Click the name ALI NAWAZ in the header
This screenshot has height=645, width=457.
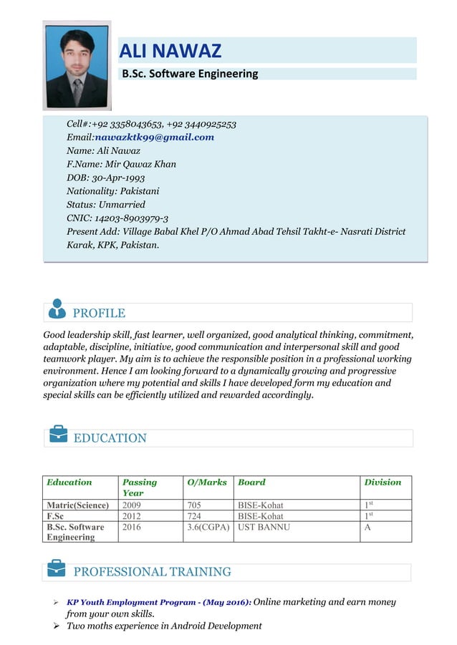pos(170,51)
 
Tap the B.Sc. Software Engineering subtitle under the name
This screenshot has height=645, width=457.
pos(190,74)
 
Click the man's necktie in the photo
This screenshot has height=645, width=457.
pos(77,91)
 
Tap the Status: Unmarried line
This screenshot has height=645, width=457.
pos(105,205)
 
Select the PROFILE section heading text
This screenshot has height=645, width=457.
pos(99,313)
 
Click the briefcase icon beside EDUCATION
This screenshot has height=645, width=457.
pos(57,434)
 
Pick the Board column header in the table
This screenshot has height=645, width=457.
pos(251,482)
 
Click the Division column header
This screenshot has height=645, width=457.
pos(383,482)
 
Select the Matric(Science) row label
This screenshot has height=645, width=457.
pos(78,505)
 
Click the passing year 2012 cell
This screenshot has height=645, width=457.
pos(132,515)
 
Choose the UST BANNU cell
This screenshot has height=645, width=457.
pos(264,527)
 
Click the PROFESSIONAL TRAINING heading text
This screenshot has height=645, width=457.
pos(152,572)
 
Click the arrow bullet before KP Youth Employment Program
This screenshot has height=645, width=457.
pos(56,603)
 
